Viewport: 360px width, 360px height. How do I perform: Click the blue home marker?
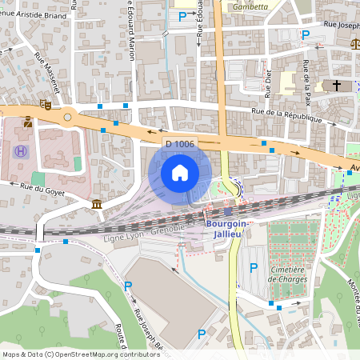point(180,172)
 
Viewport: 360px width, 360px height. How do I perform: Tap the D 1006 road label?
point(179,144)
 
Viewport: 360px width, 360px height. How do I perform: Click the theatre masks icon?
point(46,104)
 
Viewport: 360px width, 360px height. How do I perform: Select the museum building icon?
point(97,206)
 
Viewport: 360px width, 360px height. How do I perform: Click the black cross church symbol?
point(337,85)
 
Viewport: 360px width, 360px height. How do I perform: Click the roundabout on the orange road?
point(68,117)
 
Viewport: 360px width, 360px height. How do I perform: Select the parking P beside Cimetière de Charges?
point(254,268)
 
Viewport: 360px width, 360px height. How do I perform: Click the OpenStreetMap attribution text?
point(81,354)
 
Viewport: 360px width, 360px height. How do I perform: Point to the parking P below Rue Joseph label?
point(304,34)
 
